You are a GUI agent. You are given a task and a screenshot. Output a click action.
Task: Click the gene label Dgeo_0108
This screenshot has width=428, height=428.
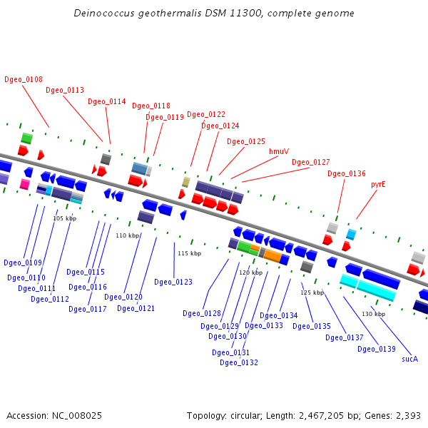24,79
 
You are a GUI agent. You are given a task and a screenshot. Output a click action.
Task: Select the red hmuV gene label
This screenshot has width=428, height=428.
279,151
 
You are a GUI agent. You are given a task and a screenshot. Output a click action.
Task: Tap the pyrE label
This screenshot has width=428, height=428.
378,185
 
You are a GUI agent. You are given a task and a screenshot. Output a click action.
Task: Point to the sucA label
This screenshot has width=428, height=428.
409,359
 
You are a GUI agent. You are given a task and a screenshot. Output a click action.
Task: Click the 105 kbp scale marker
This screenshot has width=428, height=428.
65,218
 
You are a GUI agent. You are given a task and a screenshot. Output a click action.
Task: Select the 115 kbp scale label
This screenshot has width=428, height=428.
190,253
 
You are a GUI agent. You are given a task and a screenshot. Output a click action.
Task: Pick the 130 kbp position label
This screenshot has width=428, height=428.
373,314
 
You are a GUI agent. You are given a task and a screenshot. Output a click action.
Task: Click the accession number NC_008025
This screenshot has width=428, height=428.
77,416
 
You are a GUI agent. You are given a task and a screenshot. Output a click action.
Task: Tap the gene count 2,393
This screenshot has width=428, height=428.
408,416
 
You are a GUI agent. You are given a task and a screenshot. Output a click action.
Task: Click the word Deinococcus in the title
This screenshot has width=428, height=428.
104,13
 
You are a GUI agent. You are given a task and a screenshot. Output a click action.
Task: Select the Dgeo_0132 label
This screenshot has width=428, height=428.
239,362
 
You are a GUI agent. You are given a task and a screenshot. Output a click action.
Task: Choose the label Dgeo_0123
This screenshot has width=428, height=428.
173,282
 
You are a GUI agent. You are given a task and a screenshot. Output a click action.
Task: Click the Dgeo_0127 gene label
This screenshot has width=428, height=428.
311,162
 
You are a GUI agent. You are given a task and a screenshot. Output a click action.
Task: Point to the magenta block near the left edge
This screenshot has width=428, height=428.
25,184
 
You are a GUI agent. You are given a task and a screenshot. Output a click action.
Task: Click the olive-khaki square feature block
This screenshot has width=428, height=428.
186,182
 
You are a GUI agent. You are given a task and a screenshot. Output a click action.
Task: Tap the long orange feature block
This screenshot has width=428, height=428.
273,256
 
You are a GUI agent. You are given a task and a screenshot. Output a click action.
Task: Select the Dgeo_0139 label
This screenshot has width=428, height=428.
377,349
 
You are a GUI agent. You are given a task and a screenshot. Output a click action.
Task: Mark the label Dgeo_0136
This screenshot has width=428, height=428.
347,173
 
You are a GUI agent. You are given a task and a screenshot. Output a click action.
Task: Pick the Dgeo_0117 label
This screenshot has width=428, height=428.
88,309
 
